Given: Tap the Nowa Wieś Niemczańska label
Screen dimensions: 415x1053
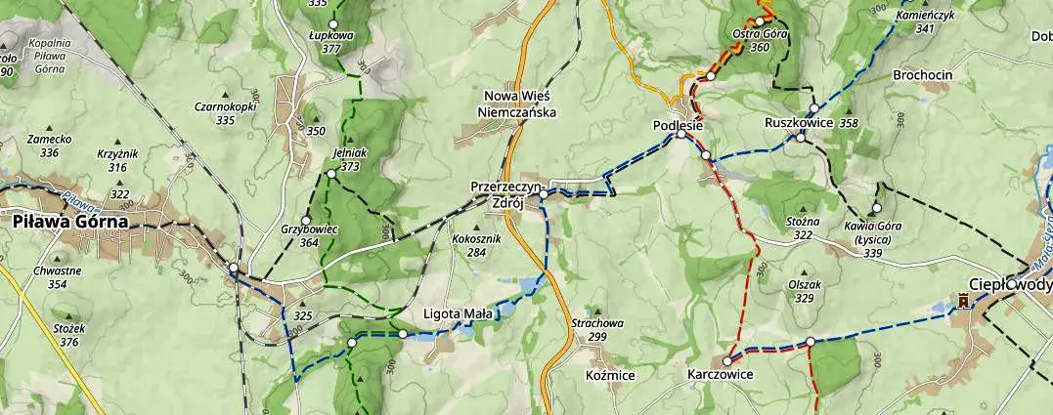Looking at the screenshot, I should click(x=516, y=104).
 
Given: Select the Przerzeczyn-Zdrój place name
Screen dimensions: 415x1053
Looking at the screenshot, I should click(x=506, y=193).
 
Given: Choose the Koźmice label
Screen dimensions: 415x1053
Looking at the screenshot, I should click(x=609, y=375).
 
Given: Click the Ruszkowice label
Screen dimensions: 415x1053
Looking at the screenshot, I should click(x=798, y=123).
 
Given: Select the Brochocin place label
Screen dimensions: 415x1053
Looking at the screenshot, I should click(x=922, y=75).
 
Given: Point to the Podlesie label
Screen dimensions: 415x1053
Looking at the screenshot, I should click(x=679, y=125).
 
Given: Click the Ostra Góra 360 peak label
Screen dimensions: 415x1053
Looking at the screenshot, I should click(x=760, y=40).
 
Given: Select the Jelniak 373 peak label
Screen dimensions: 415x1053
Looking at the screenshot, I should click(x=349, y=159).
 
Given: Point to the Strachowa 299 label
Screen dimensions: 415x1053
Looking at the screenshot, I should click(x=596, y=329).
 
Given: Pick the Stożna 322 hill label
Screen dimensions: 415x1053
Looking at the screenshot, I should click(x=803, y=228).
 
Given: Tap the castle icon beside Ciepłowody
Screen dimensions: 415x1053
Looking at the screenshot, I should click(x=964, y=301).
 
